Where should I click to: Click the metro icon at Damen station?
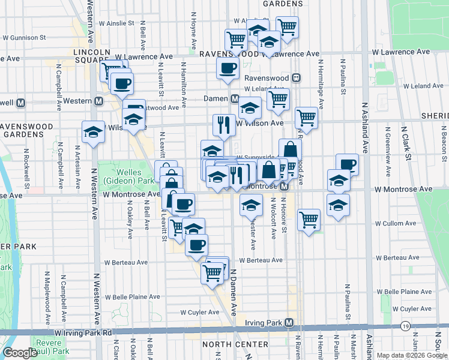click(235, 98)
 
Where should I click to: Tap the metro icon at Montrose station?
click(285, 187)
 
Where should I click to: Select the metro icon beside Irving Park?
click(289, 323)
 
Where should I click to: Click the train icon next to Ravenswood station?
click(296, 78)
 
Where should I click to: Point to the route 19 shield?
click(406, 326)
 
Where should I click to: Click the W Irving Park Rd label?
click(83, 332)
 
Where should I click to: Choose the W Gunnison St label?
click(25, 37)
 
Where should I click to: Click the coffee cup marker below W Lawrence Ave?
click(228, 69)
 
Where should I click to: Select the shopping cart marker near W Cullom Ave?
click(309, 220)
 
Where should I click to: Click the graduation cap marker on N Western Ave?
click(93, 133)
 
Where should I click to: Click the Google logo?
click(19, 353)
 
